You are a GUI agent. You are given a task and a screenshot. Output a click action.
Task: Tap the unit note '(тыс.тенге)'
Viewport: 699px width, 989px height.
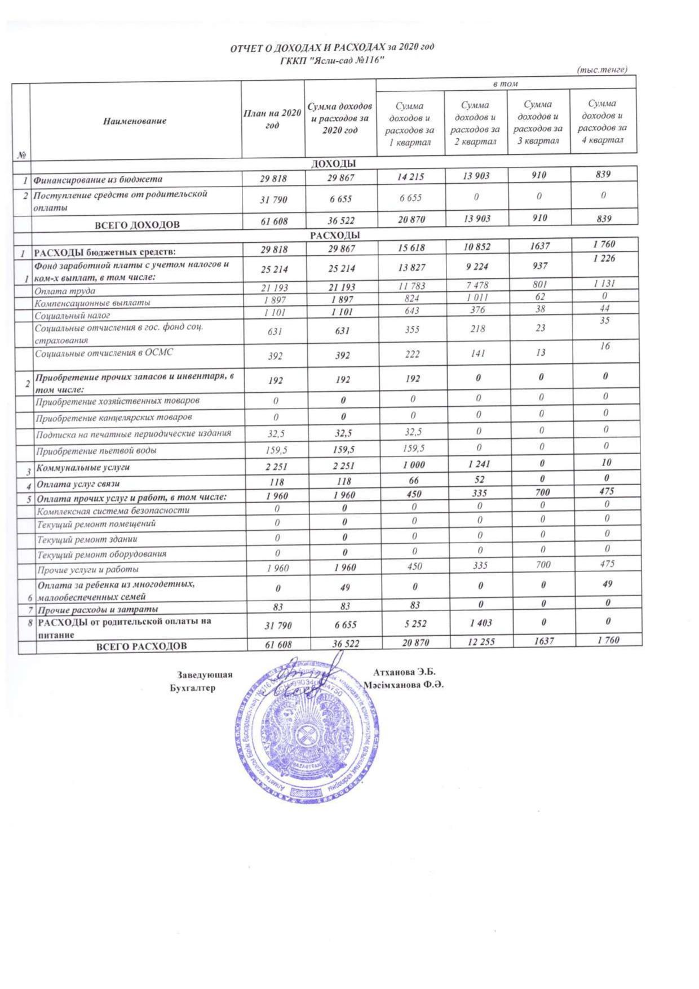click(601, 70)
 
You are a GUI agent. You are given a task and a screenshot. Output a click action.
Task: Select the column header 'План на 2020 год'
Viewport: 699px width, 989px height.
click(272, 119)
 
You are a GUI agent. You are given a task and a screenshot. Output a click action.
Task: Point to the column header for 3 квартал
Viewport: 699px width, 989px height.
click(538, 122)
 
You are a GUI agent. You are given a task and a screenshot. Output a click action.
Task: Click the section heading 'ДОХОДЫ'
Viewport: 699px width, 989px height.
click(334, 164)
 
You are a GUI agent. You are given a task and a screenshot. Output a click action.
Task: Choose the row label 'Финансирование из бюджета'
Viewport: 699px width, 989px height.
click(98, 180)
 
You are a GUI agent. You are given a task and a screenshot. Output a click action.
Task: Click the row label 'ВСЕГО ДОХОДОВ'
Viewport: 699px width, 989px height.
click(137, 225)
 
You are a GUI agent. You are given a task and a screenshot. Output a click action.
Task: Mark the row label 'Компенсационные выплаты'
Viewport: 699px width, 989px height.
click(92, 303)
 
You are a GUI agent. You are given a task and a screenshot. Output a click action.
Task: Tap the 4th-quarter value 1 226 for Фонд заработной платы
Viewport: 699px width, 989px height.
click(604, 259)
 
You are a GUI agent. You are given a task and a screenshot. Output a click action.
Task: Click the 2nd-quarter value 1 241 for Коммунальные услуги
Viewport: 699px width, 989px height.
click(477, 464)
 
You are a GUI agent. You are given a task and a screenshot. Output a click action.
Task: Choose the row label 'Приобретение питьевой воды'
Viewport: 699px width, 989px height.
click(96, 451)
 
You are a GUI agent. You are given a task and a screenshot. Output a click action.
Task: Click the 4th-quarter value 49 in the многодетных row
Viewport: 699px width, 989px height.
click(607, 584)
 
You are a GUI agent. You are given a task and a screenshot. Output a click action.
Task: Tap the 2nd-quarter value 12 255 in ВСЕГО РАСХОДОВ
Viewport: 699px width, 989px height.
click(479, 642)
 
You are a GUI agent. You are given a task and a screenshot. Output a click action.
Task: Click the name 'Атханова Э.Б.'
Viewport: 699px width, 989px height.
click(404, 672)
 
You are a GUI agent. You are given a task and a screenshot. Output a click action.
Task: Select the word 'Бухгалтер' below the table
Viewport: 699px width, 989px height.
click(192, 688)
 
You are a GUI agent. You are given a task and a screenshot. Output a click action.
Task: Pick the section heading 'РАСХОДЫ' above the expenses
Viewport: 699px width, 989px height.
click(335, 236)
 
